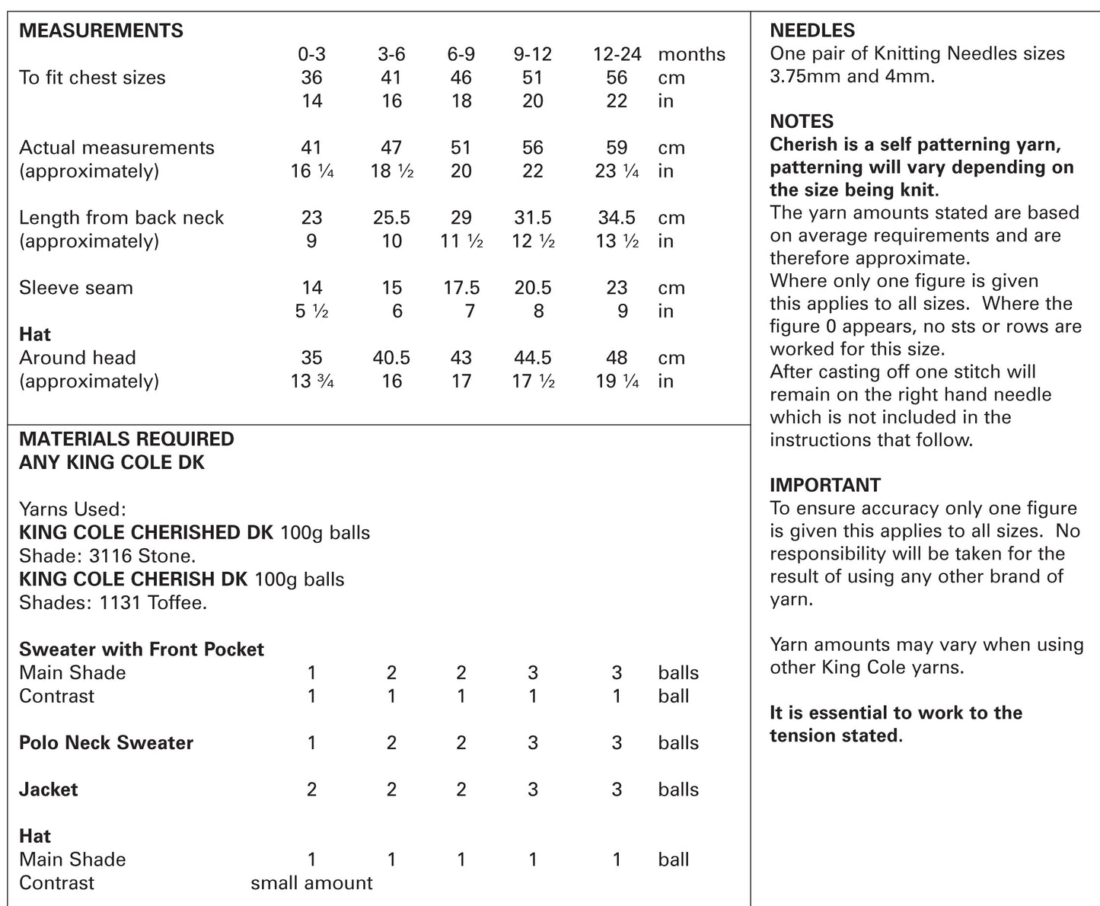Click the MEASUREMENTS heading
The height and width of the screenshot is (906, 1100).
[100, 30]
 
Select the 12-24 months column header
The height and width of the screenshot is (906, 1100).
[617, 54]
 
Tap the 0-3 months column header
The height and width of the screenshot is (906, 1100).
[311, 54]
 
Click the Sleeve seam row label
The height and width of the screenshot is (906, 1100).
[75, 288]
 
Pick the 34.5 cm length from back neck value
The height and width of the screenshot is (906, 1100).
[617, 218]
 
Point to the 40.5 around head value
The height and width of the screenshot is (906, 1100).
[391, 358]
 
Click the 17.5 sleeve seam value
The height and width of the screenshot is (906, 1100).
[461, 288]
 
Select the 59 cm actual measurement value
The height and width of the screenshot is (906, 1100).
[617, 148]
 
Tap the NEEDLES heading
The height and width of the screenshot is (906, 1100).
[812, 30]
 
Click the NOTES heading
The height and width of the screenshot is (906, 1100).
[802, 121]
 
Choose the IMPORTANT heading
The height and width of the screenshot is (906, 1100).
[825, 485]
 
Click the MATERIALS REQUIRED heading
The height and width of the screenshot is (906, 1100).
[126, 439]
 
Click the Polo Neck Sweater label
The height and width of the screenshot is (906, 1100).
[106, 743]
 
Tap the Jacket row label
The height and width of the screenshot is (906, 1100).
[48, 790]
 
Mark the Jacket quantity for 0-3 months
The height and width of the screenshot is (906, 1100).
[311, 790]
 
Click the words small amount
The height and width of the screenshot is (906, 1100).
[311, 883]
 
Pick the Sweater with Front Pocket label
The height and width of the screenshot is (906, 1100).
[141, 649]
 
